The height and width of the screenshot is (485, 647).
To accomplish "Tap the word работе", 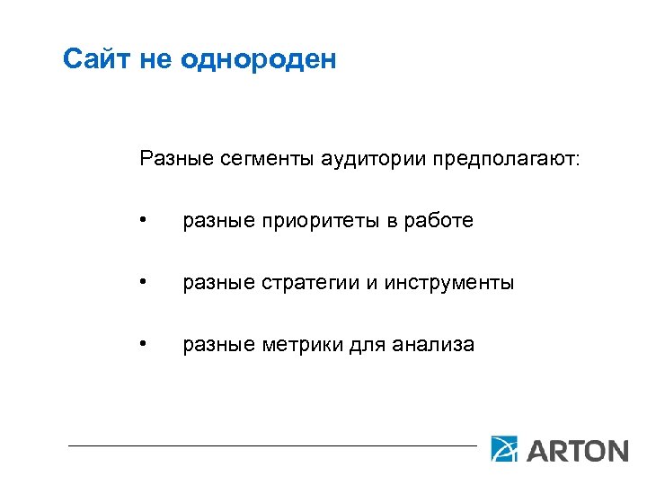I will (441, 221).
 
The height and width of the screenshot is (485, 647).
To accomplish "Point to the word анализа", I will (435, 345).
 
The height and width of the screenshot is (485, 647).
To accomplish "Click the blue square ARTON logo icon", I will (505, 448).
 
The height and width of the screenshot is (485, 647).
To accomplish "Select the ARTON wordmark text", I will (576, 449).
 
